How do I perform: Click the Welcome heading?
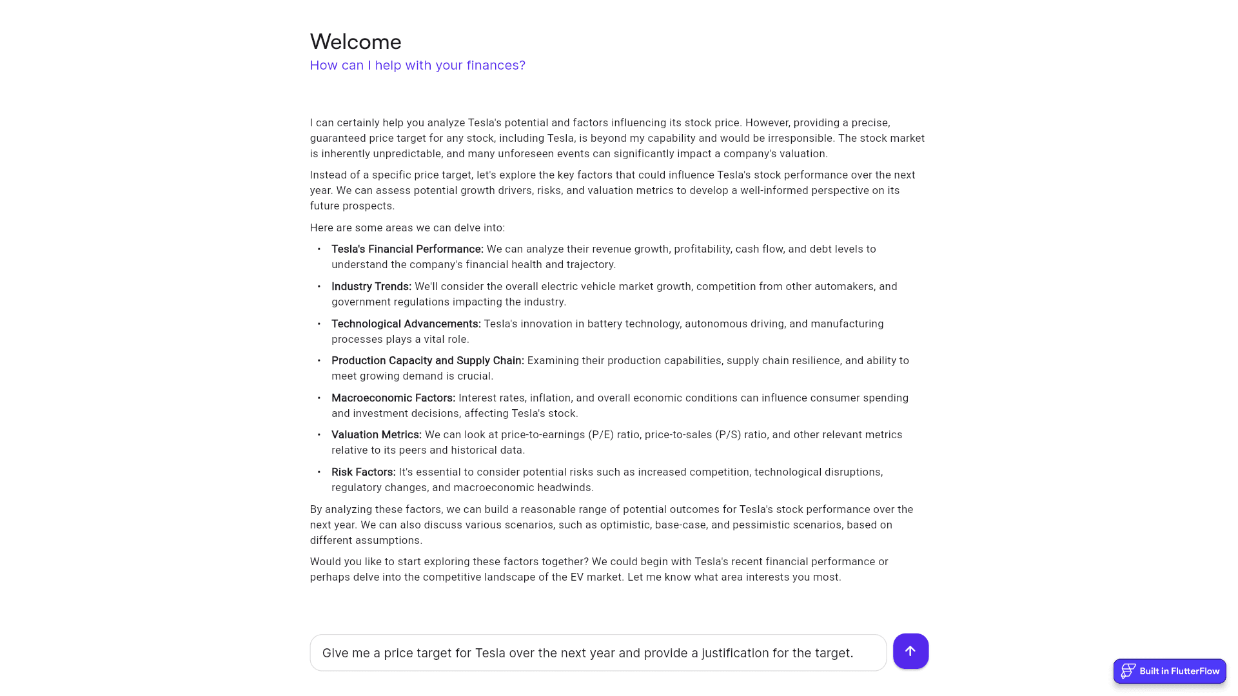[355, 42]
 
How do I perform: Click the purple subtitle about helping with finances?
[417, 65]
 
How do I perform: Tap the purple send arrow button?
[910, 651]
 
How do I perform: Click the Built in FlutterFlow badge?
[1170, 671]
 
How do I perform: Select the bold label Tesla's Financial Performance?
[407, 249]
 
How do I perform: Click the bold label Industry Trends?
[371, 286]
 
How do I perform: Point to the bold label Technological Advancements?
[406, 324]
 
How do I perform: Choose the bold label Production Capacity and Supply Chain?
[427, 360]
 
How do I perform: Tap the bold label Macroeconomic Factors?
[393, 398]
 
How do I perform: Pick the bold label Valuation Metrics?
[376, 434]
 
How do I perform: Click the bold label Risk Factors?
[363, 472]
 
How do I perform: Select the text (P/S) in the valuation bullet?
[728, 434]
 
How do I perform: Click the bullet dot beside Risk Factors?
[319, 472]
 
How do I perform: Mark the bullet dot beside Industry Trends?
[319, 286]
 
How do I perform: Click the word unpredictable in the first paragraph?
[409, 153]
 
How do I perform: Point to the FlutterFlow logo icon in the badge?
[1128, 671]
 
